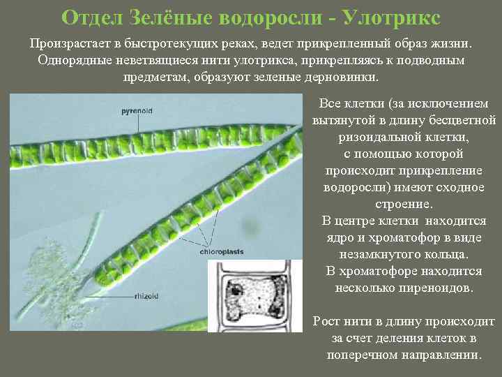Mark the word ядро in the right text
341,237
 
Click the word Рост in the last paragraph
326,321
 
